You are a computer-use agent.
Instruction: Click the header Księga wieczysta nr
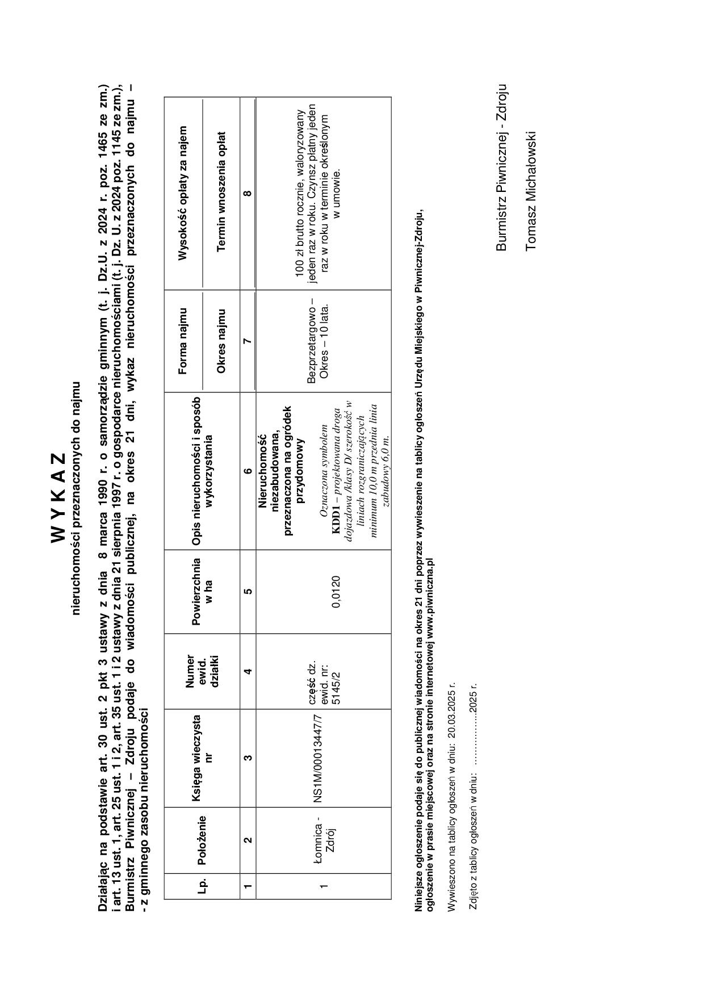(201, 758)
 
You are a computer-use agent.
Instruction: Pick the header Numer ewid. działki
(201, 671)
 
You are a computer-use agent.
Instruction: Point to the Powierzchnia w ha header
(201, 591)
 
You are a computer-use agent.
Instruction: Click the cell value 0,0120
(336, 592)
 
